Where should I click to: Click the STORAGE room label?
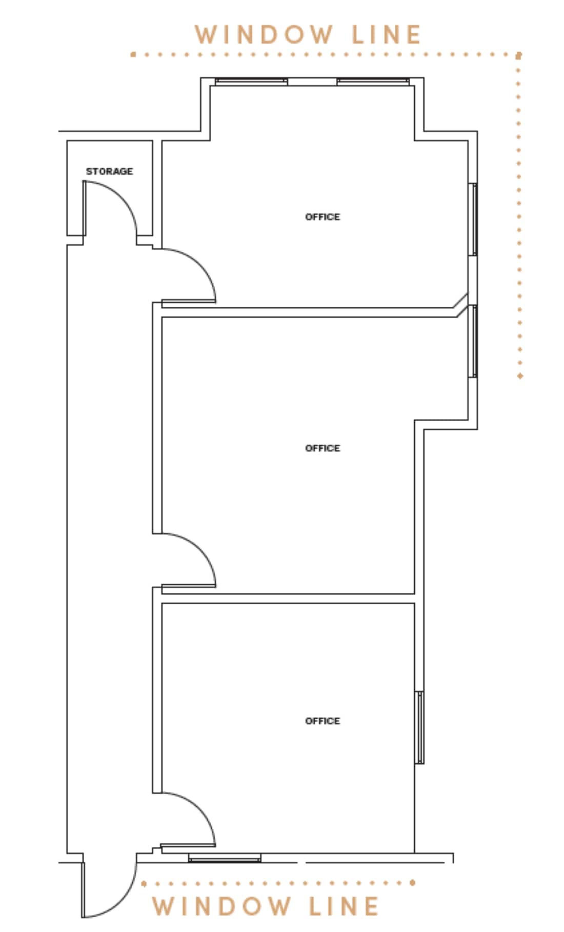(109, 171)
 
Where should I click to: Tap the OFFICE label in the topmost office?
(323, 217)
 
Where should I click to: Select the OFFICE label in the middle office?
(323, 448)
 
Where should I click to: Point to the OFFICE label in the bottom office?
(323, 721)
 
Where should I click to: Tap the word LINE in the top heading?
(386, 35)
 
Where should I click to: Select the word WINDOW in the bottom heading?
(221, 906)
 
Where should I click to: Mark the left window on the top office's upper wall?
(251, 81)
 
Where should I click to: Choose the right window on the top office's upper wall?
(373, 81)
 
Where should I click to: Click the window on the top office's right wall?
(474, 219)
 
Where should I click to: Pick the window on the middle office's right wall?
(474, 341)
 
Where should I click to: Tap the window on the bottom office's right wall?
(420, 727)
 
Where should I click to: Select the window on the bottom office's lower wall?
(225, 858)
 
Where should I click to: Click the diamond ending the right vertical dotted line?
(520, 376)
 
